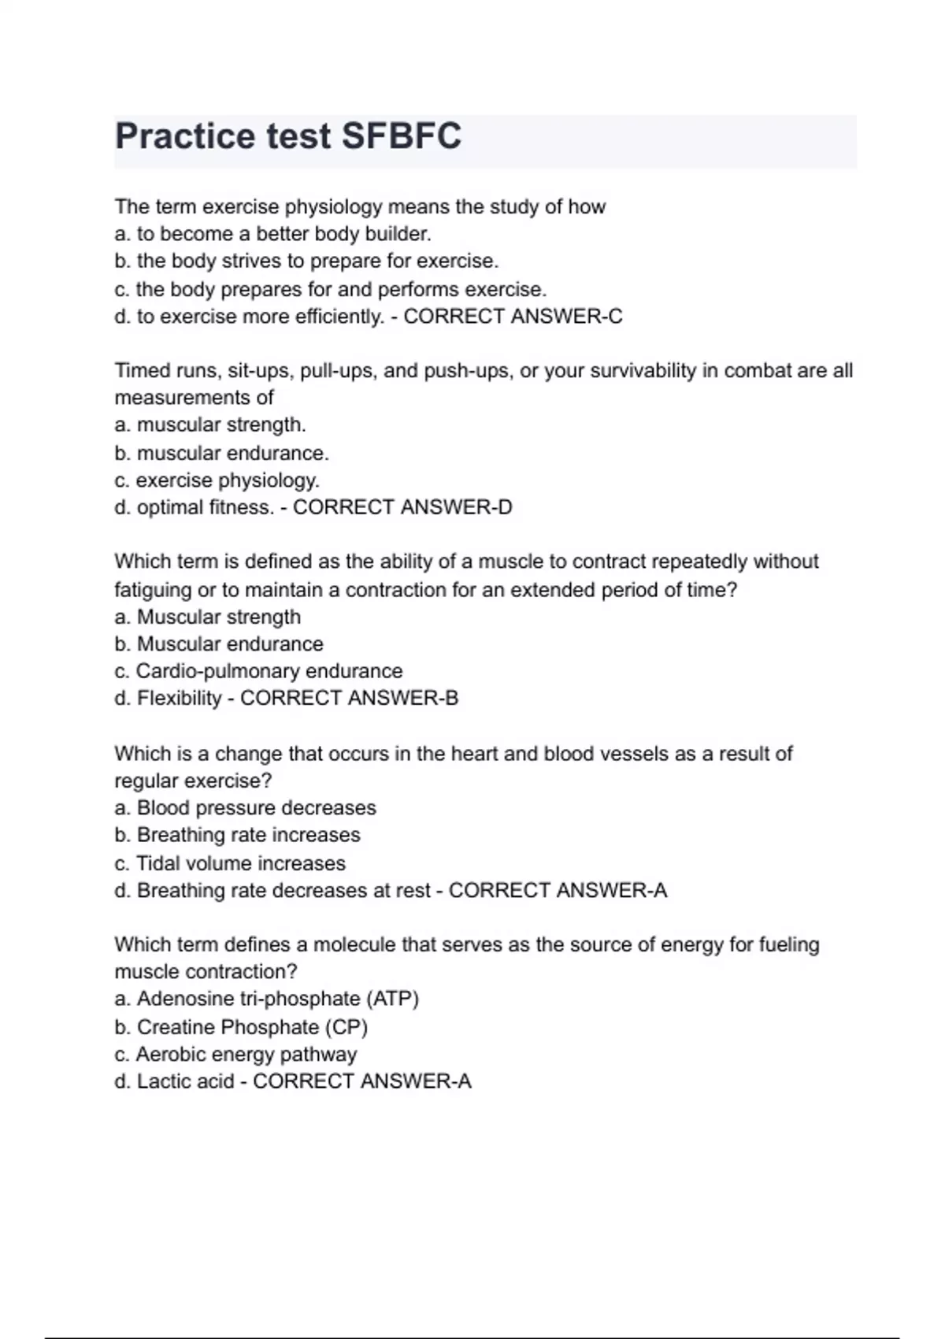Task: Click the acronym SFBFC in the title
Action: tap(401, 136)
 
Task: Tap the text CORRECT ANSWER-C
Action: tap(513, 317)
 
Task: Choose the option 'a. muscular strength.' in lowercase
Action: tap(209, 425)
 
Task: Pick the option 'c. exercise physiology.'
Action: tap(217, 480)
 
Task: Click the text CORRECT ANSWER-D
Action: tap(402, 507)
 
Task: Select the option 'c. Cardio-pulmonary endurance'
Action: tap(258, 671)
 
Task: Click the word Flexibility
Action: tap(180, 699)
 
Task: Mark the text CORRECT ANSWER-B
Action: tap(349, 699)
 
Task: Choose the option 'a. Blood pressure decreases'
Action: tap(245, 808)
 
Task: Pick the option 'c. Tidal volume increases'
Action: tap(230, 863)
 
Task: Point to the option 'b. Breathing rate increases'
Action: tap(237, 835)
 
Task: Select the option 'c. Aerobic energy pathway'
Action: tap(235, 1055)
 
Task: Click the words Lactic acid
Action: tap(186, 1081)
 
